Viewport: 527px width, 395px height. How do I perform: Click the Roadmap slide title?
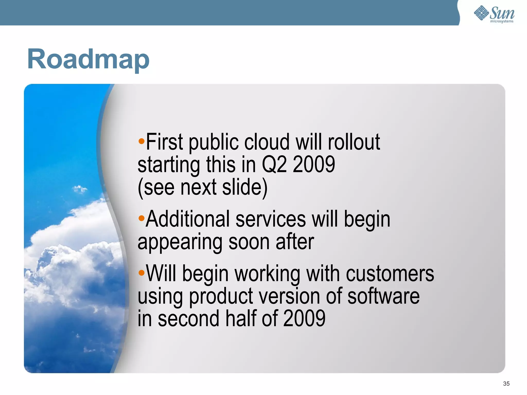point(88,59)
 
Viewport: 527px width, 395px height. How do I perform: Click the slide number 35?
point(506,384)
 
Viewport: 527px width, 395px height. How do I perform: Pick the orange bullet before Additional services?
point(141,219)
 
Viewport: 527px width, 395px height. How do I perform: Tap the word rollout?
point(354,142)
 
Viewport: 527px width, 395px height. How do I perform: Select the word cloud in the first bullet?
point(267,142)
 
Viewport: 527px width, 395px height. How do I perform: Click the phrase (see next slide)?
point(203,188)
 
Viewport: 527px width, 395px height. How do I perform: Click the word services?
point(271,219)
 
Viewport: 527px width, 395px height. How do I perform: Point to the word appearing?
point(180,242)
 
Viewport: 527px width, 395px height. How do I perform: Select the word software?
point(383,296)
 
